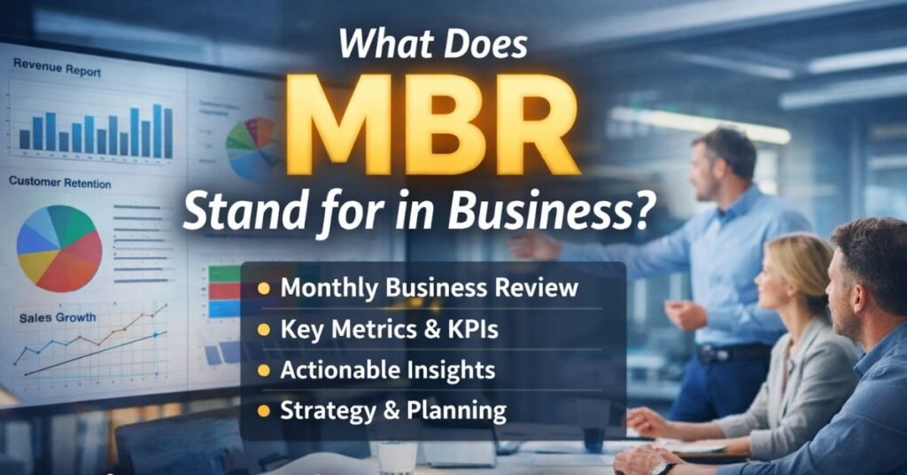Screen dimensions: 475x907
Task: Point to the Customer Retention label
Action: tap(60, 183)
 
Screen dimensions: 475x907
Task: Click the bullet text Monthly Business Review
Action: tap(429, 288)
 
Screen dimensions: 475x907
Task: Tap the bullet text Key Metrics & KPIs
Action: tap(389, 329)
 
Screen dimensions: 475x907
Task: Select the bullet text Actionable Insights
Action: tap(387, 370)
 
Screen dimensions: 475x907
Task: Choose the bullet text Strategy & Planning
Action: tap(393, 410)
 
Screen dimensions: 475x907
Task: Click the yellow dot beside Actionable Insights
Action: tap(263, 370)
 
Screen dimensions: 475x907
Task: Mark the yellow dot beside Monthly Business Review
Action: tap(263, 289)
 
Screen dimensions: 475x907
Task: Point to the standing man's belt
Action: tap(722, 353)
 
